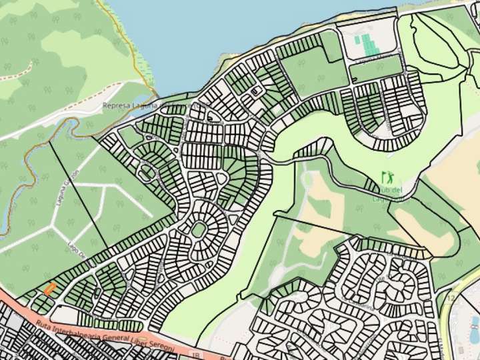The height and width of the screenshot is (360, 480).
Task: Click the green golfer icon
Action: [387, 178]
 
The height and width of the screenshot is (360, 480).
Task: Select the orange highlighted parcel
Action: [49, 289]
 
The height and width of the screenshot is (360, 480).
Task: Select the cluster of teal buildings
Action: [365, 43]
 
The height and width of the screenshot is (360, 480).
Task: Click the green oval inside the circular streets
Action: [199, 231]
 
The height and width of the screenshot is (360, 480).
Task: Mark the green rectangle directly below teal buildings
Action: [375, 69]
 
